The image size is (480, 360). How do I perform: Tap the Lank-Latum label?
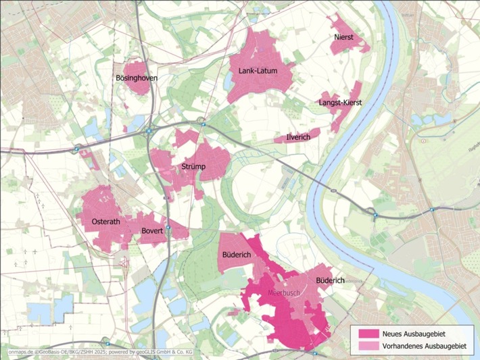click(x=258, y=70)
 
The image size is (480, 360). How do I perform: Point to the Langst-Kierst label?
click(x=340, y=103)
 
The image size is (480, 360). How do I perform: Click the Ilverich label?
click(x=298, y=137)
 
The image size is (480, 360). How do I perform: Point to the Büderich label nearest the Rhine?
click(x=331, y=280)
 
